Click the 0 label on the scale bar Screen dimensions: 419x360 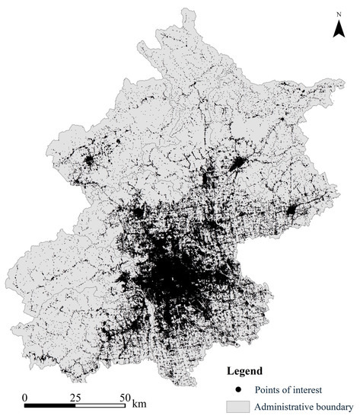(25, 398)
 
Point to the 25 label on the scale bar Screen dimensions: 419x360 (75, 398)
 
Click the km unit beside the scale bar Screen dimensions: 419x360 (139, 398)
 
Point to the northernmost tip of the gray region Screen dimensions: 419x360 (187, 8)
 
